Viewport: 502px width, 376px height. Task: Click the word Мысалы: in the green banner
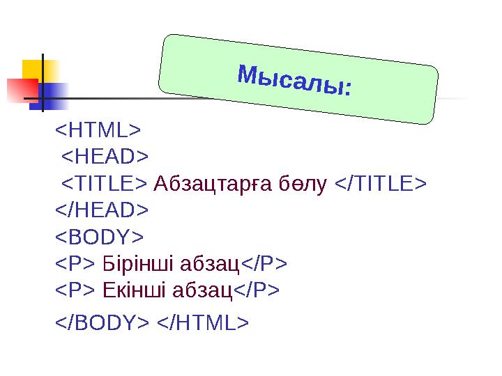(x=295, y=81)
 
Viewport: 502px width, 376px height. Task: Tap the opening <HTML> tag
(x=98, y=130)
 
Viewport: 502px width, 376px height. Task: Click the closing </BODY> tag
(x=102, y=323)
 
